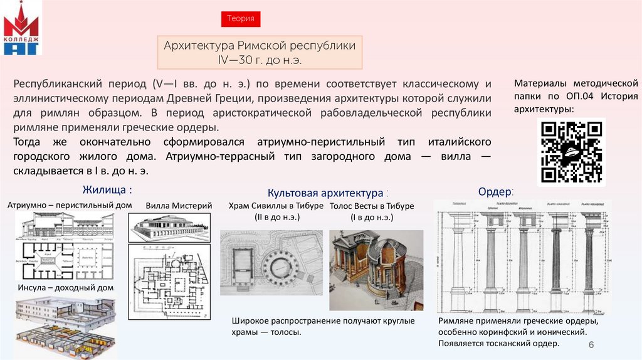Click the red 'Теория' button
(240, 19)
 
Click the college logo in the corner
(21, 31)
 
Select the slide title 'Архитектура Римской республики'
(260, 46)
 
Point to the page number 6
(591, 347)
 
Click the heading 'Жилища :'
(107, 189)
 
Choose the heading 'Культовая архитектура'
(325, 193)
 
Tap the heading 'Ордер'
(495, 191)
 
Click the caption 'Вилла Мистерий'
(179, 206)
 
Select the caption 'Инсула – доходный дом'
(65, 288)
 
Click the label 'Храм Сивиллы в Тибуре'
(276, 206)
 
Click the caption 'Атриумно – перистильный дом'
(70, 205)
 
